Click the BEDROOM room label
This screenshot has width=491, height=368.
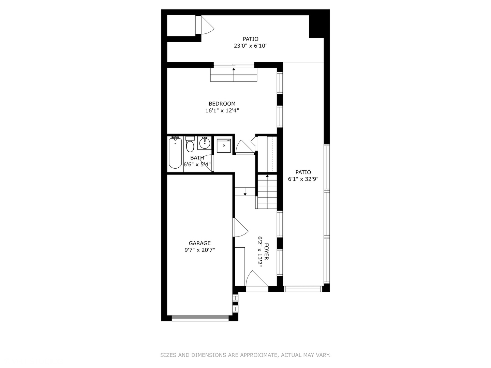(222, 104)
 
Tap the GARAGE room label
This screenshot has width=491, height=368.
(200, 243)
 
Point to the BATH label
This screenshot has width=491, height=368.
(197, 158)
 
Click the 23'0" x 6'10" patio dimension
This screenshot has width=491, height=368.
(251, 46)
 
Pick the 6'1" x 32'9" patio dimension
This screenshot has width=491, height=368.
(303, 179)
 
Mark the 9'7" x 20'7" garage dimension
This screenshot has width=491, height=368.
(200, 250)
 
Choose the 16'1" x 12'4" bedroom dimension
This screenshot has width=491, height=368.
(222, 110)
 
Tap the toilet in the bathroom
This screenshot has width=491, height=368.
(190, 144)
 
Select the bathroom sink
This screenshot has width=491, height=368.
(205, 143)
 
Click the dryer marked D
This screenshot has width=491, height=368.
(224, 145)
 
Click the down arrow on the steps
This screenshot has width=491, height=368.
(245, 193)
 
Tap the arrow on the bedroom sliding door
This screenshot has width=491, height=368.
(234, 70)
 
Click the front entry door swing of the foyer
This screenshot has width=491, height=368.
(256, 280)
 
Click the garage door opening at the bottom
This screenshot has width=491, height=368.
(200, 318)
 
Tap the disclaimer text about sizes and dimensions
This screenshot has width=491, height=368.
(245, 355)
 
